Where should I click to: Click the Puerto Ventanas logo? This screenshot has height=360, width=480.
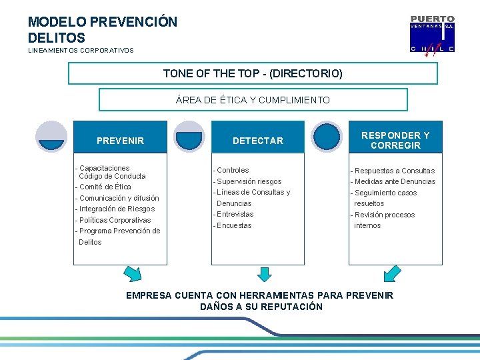click(432, 34)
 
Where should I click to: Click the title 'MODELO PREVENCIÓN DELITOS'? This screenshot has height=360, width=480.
click(103, 30)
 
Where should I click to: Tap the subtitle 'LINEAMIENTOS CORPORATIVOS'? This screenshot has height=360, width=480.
click(81, 51)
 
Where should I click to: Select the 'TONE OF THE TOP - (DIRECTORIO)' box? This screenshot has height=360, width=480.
click(253, 73)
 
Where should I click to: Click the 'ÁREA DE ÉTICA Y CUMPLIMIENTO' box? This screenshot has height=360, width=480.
click(253, 100)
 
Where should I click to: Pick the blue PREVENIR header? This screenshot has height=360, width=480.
click(120, 141)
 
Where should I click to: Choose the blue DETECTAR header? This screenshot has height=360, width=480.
click(257, 141)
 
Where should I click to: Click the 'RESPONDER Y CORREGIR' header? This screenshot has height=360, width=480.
click(395, 140)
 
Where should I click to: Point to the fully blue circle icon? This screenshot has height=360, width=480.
click(327, 137)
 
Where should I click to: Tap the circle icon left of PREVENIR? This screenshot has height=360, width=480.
click(51, 137)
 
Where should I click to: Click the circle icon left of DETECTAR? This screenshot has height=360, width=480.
click(189, 137)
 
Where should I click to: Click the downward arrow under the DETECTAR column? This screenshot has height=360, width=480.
click(265, 273)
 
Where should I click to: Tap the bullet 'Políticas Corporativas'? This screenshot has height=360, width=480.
click(113, 220)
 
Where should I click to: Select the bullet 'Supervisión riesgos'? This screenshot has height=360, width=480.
click(247, 181)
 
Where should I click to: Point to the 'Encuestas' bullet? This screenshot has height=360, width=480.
click(233, 225)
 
